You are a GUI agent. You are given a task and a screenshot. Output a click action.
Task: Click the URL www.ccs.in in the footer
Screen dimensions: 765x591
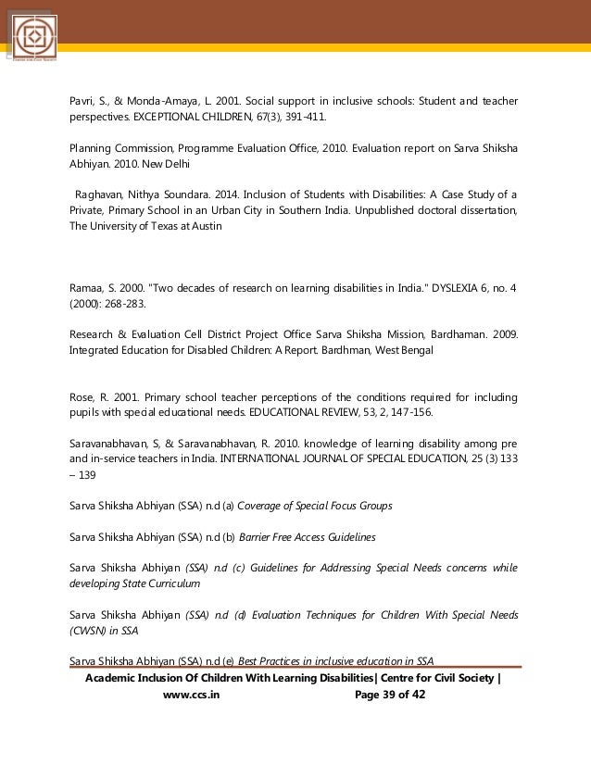pyautogui.click(x=191, y=696)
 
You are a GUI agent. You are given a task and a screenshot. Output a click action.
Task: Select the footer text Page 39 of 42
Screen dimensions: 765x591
pyautogui.click(x=390, y=696)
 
